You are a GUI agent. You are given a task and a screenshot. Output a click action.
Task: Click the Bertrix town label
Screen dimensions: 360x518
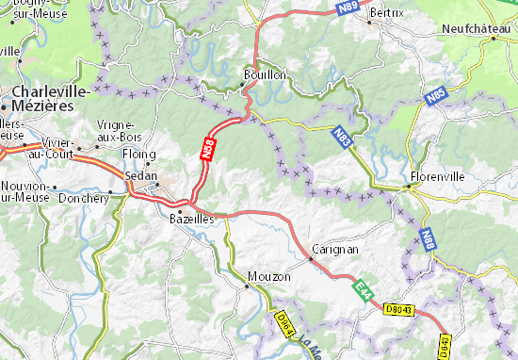pos(386,12)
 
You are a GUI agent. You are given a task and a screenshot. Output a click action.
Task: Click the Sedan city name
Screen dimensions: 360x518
pos(140,176)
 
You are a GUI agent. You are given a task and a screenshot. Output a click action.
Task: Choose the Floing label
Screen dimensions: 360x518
pos(138,155)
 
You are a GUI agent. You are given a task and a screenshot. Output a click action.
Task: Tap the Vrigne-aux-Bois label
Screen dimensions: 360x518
pos(117,131)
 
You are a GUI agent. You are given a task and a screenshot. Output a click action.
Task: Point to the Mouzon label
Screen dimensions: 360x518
pos(265,276)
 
